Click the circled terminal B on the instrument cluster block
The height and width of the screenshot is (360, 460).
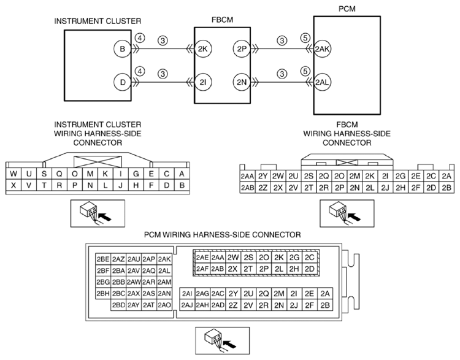point(122,49)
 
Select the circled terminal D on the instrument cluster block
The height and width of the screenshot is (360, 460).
point(122,82)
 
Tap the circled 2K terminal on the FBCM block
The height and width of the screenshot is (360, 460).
point(203,49)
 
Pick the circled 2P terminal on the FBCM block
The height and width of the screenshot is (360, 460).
point(242,49)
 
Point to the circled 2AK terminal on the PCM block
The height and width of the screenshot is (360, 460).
point(322,49)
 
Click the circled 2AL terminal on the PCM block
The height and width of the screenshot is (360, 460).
point(322,82)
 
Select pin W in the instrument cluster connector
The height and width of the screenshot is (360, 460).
point(13,174)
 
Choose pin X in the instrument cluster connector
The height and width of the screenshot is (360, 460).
point(13,185)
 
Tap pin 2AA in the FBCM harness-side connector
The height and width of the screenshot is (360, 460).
point(247,176)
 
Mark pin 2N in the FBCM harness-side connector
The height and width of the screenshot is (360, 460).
point(355,188)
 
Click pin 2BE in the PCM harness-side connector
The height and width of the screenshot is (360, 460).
point(103,259)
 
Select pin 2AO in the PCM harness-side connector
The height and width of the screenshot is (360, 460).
point(164,305)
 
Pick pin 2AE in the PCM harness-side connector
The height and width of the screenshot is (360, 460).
point(202,258)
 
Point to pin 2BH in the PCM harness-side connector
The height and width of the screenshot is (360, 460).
point(103,293)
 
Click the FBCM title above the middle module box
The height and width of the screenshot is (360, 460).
point(223,20)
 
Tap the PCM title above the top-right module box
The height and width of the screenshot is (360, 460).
point(347,9)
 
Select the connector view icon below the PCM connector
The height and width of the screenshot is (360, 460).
point(223,340)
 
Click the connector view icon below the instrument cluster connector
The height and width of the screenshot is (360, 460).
point(98,213)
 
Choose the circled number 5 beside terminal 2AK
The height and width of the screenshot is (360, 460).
point(305,38)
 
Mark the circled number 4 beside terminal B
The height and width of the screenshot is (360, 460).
point(140,38)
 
